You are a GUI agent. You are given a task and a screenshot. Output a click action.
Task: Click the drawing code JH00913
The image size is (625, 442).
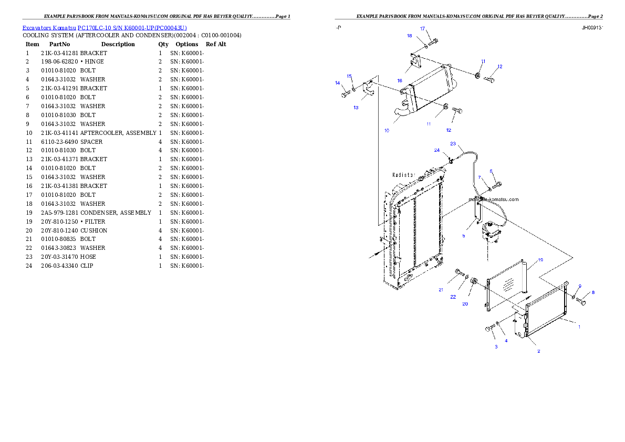point(591,28)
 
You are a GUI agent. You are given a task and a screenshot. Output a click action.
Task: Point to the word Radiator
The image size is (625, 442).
point(404,175)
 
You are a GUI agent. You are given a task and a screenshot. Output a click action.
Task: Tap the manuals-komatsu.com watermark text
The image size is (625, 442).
point(493,199)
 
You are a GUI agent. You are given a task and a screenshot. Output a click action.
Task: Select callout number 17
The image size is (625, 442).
point(422,28)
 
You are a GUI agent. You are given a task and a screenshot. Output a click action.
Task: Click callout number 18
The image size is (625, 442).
point(410,36)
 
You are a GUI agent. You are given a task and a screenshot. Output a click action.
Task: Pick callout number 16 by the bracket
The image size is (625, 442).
point(400,81)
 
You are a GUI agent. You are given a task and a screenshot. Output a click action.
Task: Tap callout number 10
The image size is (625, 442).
point(387,130)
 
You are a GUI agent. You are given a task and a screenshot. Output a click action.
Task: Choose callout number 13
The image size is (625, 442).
point(356,108)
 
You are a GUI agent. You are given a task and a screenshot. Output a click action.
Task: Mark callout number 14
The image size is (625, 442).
point(338,83)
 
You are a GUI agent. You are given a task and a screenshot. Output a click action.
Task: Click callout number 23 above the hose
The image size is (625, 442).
point(453,143)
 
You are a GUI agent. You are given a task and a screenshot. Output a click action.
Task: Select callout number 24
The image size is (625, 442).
point(436,150)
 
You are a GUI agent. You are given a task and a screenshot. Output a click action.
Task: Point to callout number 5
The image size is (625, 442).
point(463,236)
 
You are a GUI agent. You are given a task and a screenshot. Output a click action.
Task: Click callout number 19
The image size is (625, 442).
point(540,260)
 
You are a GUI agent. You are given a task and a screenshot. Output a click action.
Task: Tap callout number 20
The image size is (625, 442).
point(465,304)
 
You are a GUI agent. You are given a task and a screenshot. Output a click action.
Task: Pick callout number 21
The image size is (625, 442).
point(441,290)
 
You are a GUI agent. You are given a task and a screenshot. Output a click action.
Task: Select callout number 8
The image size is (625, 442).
point(593,292)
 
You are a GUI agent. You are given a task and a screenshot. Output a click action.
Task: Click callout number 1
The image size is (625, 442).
point(579,327)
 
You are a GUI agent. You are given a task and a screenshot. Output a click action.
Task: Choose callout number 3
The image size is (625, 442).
point(495,347)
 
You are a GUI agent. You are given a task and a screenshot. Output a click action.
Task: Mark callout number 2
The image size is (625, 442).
point(538,351)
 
